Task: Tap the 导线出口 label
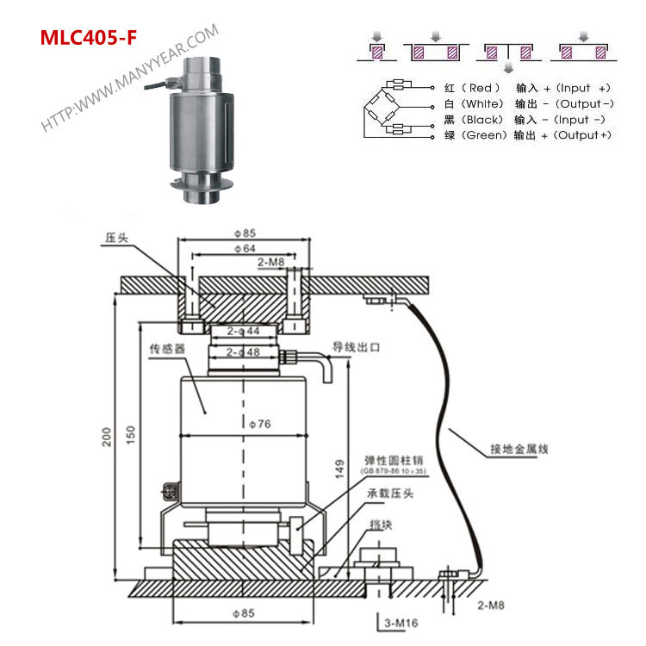(x=357, y=348)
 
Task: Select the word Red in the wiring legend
(x=481, y=88)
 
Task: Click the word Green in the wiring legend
(x=487, y=136)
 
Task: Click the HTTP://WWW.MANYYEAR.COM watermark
(x=129, y=78)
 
